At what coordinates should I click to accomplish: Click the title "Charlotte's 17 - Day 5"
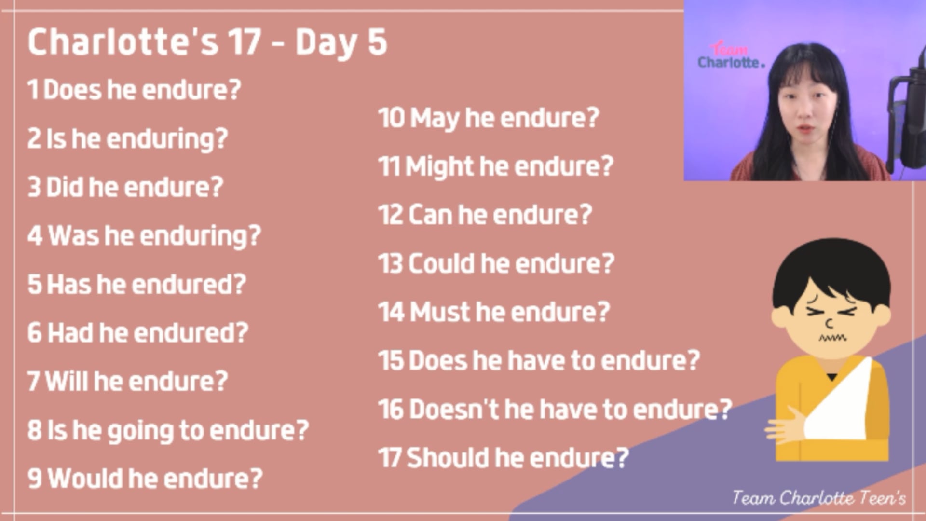(x=207, y=42)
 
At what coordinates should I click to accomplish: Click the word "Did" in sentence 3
(x=65, y=187)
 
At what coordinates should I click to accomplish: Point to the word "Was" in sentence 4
(x=73, y=235)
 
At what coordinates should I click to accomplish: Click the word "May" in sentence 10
(x=434, y=119)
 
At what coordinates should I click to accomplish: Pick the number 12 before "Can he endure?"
(x=390, y=215)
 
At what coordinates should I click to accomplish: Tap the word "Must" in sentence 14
(x=440, y=312)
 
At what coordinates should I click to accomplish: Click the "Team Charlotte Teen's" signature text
(x=819, y=497)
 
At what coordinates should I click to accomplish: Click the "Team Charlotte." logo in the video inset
(x=730, y=55)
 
